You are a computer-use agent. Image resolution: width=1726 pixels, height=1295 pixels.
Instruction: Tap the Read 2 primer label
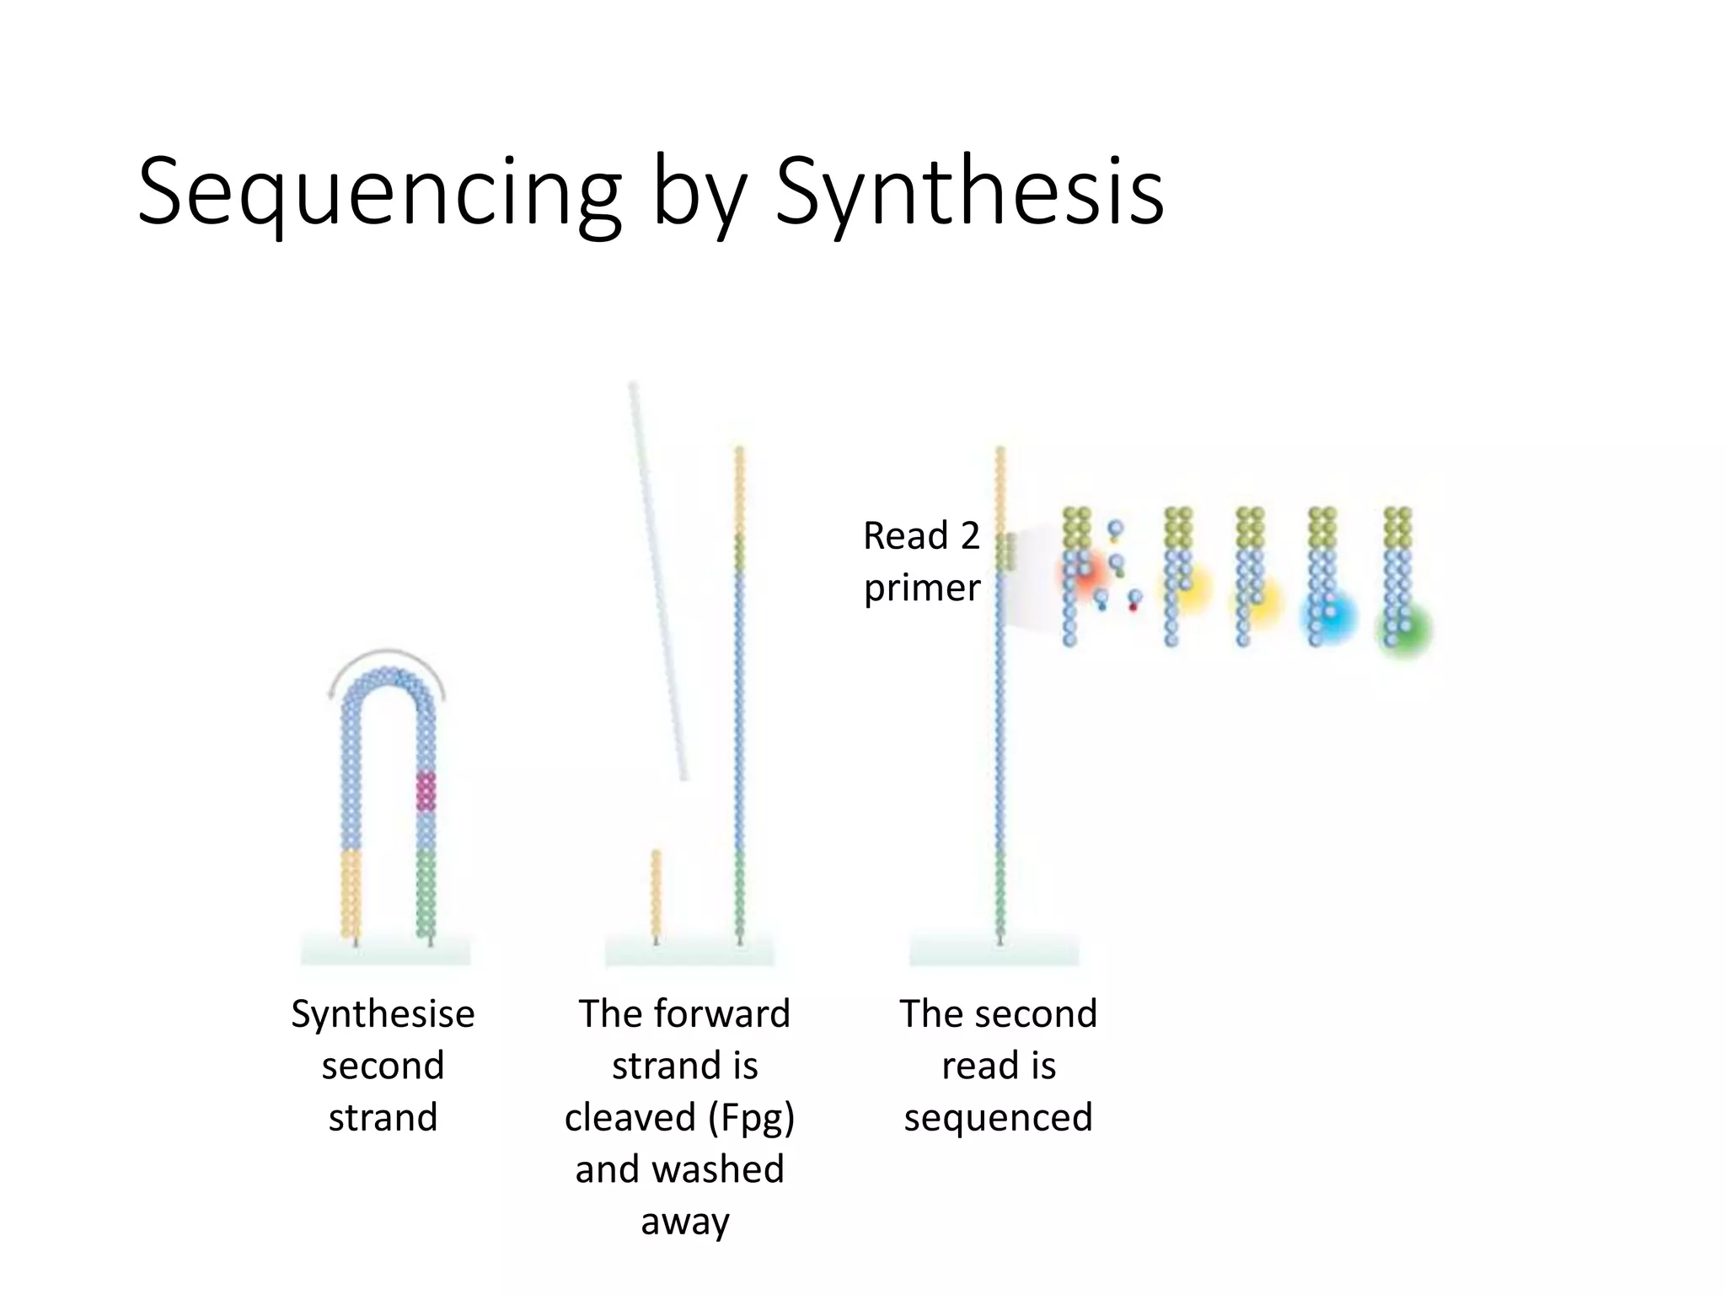pyautogui.click(x=922, y=561)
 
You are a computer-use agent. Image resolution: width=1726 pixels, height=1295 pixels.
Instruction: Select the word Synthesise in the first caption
pyautogui.click(x=383, y=1013)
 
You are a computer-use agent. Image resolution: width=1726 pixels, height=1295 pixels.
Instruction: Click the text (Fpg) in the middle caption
pyautogui.click(x=751, y=1118)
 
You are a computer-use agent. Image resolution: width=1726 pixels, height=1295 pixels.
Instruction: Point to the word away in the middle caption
pyautogui.click(x=684, y=1221)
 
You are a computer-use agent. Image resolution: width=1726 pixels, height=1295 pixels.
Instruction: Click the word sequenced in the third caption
pyautogui.click(x=998, y=1118)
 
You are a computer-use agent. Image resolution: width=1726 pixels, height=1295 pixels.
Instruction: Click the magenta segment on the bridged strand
pyautogui.click(x=426, y=791)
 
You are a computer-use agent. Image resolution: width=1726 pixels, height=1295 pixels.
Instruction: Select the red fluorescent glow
pyautogui.click(x=1087, y=573)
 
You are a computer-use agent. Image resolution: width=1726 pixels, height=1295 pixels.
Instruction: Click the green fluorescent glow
pyautogui.click(x=1405, y=631)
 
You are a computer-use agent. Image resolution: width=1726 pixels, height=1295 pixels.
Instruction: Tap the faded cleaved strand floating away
pyautogui.click(x=657, y=582)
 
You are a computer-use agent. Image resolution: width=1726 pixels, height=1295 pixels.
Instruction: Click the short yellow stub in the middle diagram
pyautogui.click(x=657, y=894)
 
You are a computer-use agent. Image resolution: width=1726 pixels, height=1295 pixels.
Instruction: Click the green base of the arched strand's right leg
pyautogui.click(x=426, y=894)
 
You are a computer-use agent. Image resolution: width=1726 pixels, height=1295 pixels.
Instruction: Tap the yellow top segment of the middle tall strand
pyautogui.click(x=740, y=489)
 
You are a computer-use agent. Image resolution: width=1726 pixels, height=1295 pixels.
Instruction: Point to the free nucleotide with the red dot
pyautogui.click(x=1134, y=600)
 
